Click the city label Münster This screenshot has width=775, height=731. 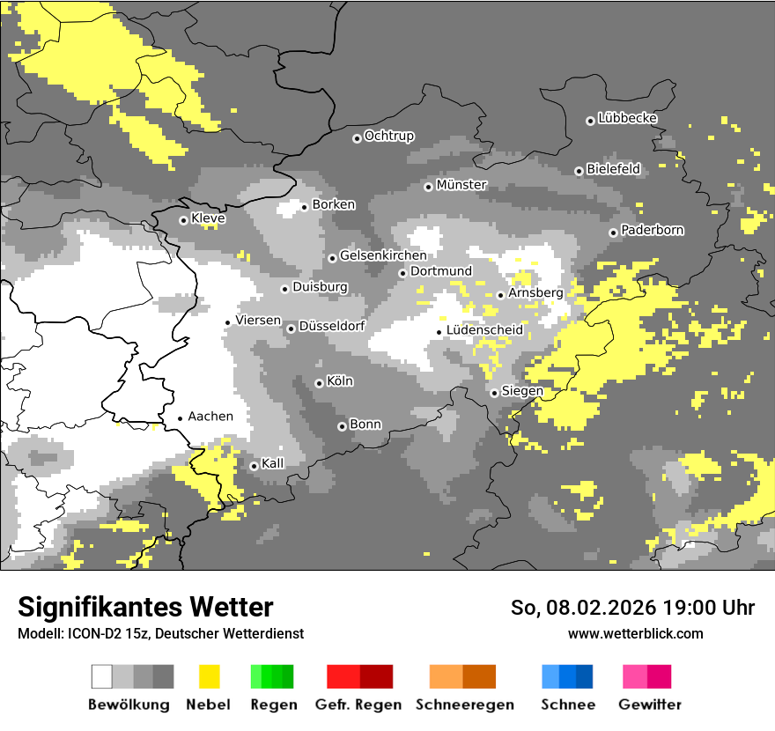click(x=461, y=185)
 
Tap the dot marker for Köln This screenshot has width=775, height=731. click(x=319, y=383)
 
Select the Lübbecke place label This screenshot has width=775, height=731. click(x=627, y=118)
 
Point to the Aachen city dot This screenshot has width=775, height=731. click(x=180, y=418)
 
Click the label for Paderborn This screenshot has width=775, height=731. click(x=652, y=231)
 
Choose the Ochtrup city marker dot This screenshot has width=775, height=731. click(x=357, y=137)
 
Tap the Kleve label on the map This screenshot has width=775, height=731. click(x=208, y=218)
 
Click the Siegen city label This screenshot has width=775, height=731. click(x=522, y=391)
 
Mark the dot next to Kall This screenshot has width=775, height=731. click(x=254, y=466)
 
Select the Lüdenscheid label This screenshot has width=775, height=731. click(x=484, y=330)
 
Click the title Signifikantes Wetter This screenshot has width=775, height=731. click(x=145, y=608)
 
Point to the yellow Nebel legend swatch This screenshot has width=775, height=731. click(x=209, y=676)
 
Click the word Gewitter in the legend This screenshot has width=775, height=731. click(x=649, y=705)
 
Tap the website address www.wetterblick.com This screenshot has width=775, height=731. click(x=635, y=633)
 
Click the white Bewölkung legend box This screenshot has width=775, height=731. click(x=102, y=676)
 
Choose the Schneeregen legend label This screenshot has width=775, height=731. click(x=464, y=705)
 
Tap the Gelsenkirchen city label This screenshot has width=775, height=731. click(x=383, y=255)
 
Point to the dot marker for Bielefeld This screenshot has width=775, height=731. click(x=579, y=171)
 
